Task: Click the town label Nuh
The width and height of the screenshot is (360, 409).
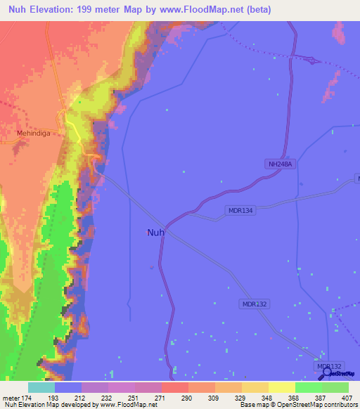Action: (156, 233)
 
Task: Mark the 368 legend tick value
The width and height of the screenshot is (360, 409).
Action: (295, 398)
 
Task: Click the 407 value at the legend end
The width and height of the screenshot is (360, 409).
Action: (347, 398)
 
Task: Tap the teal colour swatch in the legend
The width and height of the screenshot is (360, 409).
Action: (41, 387)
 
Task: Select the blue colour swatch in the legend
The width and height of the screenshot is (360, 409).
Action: (68, 387)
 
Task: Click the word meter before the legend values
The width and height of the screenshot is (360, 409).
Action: (11, 398)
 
